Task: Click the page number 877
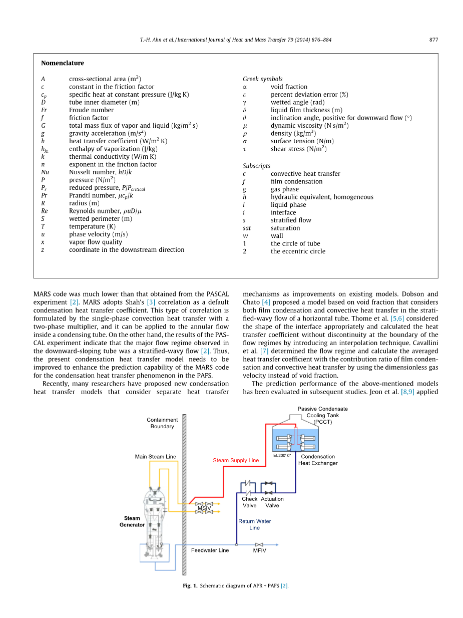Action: point(433,40)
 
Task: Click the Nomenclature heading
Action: point(63,63)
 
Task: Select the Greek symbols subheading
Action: point(262,79)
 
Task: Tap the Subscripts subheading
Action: point(256,166)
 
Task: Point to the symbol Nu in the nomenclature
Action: point(45,172)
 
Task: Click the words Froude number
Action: point(92,110)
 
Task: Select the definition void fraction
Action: point(289,87)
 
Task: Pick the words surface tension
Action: point(292,141)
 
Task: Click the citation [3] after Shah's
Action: point(151,302)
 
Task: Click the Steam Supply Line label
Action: point(236,460)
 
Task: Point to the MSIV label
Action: point(204,508)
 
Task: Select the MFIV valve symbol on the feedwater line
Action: point(259,545)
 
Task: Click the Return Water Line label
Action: point(255,524)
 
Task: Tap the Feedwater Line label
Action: point(210,550)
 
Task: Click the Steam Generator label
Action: point(132,521)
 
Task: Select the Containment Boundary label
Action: point(162,423)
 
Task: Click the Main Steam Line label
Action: point(155,456)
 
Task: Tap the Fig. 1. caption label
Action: point(190,586)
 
